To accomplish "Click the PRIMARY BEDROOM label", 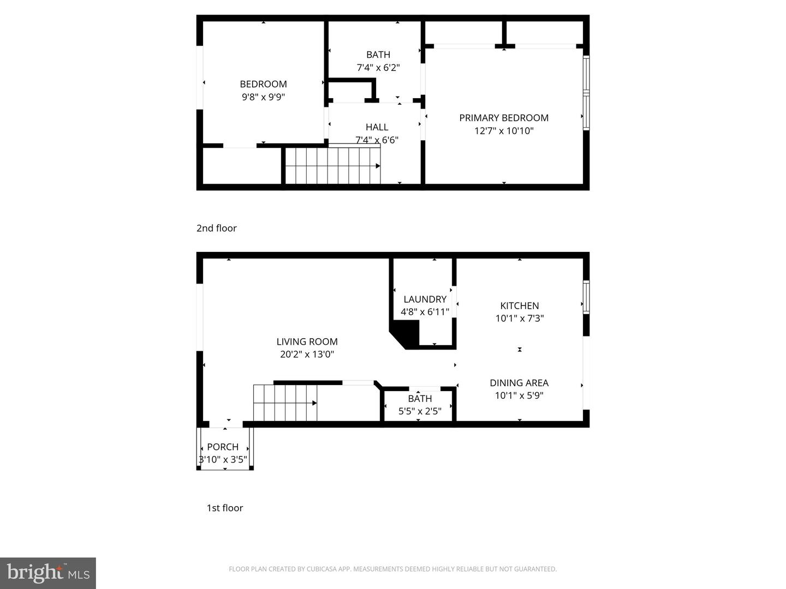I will [x=503, y=118].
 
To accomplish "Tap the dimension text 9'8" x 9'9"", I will [x=263, y=97].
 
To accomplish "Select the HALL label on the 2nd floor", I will [x=377, y=127].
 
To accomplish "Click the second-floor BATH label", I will [x=378, y=55].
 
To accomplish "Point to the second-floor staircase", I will [x=332, y=166].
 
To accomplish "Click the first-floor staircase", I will [x=285, y=403].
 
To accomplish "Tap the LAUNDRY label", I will [x=425, y=299].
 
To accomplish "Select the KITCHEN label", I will [x=519, y=306].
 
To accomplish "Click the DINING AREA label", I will [x=519, y=383].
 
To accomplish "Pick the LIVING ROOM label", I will [x=307, y=342].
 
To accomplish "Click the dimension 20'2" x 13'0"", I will [x=307, y=354].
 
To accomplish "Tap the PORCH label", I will [x=223, y=447].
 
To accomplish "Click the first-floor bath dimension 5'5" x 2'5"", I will [x=419, y=411].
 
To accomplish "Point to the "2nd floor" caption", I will [x=216, y=228].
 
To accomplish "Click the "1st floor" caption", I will [x=224, y=508].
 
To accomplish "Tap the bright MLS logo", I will [x=48, y=573].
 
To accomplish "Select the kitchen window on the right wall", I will [x=586, y=297].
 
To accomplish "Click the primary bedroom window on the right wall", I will [x=586, y=93].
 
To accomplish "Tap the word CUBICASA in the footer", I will [x=319, y=569].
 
